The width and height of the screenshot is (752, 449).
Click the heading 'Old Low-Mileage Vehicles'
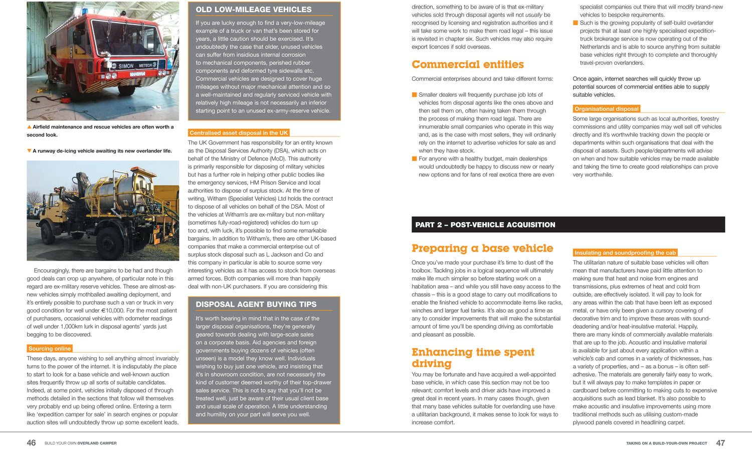point(253,10)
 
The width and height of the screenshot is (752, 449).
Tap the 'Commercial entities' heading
point(467,64)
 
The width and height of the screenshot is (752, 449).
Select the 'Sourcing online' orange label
point(50,349)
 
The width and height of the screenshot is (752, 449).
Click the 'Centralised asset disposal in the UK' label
point(239,133)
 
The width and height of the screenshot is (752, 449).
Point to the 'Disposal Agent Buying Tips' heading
point(256,305)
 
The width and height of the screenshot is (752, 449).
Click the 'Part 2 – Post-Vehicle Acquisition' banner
point(485,225)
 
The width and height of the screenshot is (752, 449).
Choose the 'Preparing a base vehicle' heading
point(482,248)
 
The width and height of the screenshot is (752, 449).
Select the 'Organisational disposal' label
point(606,109)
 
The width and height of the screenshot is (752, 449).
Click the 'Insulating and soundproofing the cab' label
point(625,253)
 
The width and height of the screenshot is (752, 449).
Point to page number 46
point(31,443)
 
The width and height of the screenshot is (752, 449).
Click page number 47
point(720,443)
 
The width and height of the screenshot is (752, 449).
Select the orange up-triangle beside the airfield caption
point(29,127)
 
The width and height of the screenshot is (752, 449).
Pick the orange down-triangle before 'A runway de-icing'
point(29,151)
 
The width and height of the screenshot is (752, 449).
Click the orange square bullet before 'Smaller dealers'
point(414,94)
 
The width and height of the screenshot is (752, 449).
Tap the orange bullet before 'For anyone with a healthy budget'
point(414,159)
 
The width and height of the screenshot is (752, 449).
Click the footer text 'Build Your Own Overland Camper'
point(80,443)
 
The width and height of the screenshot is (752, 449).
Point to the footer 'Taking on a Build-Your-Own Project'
point(666,443)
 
